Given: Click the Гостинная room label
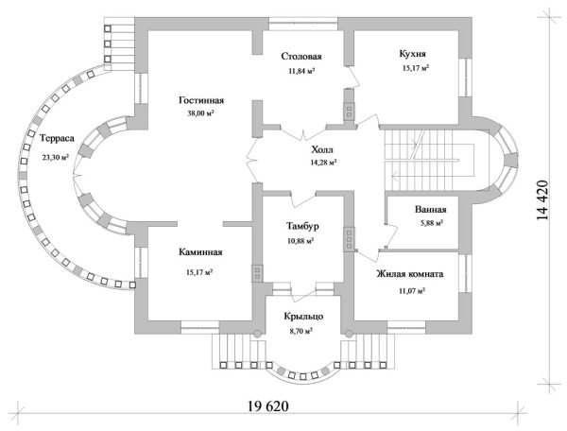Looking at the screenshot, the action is [x=201, y=100].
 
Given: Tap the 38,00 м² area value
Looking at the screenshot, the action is [x=200, y=113].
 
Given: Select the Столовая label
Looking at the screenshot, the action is [x=301, y=57].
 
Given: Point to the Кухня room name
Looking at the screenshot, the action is [x=412, y=54].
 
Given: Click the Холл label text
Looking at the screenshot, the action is [x=322, y=149].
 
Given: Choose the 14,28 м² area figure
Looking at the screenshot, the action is [x=323, y=163].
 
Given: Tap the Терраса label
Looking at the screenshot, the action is [x=57, y=138].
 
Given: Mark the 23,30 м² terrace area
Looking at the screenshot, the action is [x=56, y=157].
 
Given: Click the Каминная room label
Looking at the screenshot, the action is [x=200, y=252].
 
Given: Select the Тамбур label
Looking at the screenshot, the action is [x=302, y=226].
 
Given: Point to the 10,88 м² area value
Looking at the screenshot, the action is [x=301, y=240].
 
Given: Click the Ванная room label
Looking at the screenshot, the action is [x=430, y=209].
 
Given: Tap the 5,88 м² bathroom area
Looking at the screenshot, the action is [x=432, y=223].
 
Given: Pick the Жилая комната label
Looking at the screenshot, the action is [x=410, y=274].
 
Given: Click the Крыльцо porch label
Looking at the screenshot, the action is [x=303, y=317].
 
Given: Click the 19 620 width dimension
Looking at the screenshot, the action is [x=268, y=406].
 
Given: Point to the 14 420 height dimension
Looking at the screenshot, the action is [x=542, y=199].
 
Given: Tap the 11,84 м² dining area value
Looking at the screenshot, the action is [x=301, y=71].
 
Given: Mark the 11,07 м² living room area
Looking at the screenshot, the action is [x=411, y=290].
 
